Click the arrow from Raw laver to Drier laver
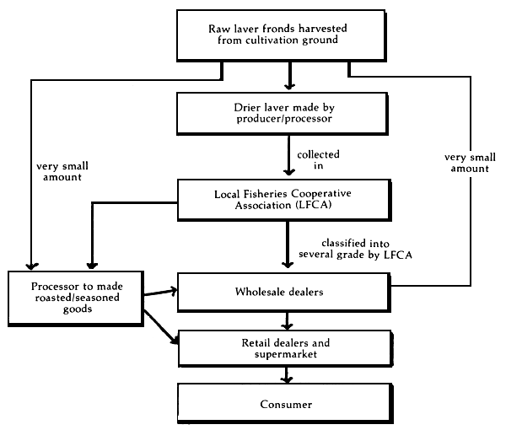[x=289, y=78]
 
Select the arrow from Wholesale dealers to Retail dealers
[x=289, y=321]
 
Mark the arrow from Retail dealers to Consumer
[x=289, y=375]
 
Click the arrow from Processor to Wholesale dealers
[x=161, y=293]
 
